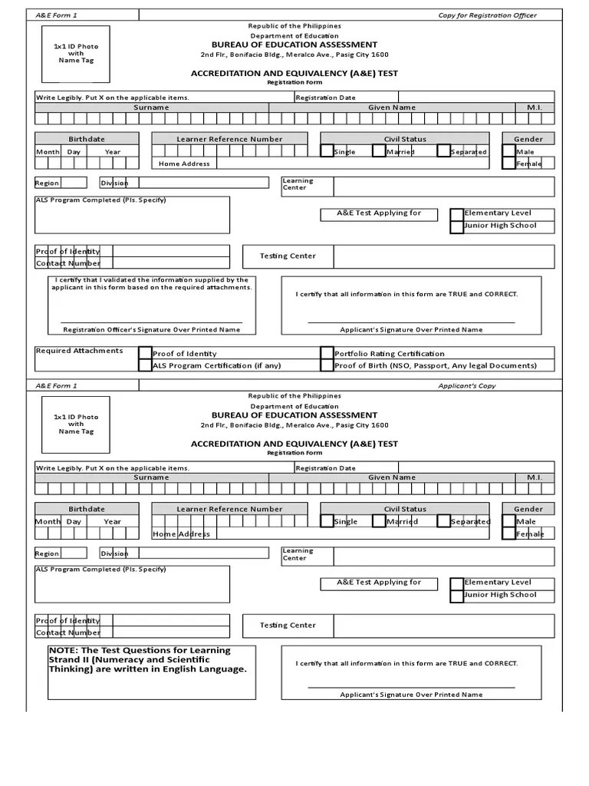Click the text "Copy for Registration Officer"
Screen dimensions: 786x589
(487, 15)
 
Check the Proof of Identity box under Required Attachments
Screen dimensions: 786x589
(145, 353)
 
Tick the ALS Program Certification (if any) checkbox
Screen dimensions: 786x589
(145, 365)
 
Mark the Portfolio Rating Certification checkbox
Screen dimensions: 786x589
(327, 353)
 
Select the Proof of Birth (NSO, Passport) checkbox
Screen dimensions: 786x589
(327, 365)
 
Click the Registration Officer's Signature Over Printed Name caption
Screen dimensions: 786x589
(151, 329)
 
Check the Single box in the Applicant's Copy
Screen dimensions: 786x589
(327, 521)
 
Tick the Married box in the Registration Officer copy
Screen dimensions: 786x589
(379, 151)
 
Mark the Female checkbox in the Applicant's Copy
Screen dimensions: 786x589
(509, 533)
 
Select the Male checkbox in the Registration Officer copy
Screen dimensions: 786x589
(509, 151)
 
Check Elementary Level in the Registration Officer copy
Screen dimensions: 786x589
(457, 213)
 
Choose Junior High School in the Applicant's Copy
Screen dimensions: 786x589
(457, 595)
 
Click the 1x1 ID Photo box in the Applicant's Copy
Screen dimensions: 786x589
(76, 424)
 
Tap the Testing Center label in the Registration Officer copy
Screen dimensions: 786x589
(288, 256)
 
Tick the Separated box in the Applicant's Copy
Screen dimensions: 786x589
(444, 521)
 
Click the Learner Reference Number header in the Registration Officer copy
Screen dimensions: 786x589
(229, 139)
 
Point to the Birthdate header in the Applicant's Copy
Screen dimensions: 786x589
(87, 509)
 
